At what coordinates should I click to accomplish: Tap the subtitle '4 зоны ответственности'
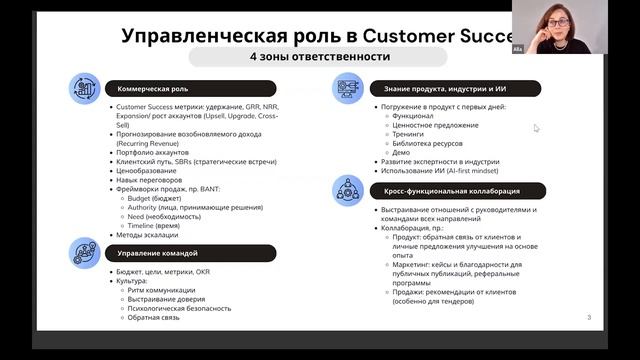[x=319, y=56]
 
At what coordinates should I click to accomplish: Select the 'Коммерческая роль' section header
[x=146, y=88]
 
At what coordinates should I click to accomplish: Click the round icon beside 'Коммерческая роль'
[x=83, y=89]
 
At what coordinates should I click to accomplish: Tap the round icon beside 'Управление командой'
[x=83, y=254]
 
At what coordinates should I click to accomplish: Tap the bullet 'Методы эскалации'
[x=146, y=236]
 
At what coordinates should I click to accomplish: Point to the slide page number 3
[x=589, y=317]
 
